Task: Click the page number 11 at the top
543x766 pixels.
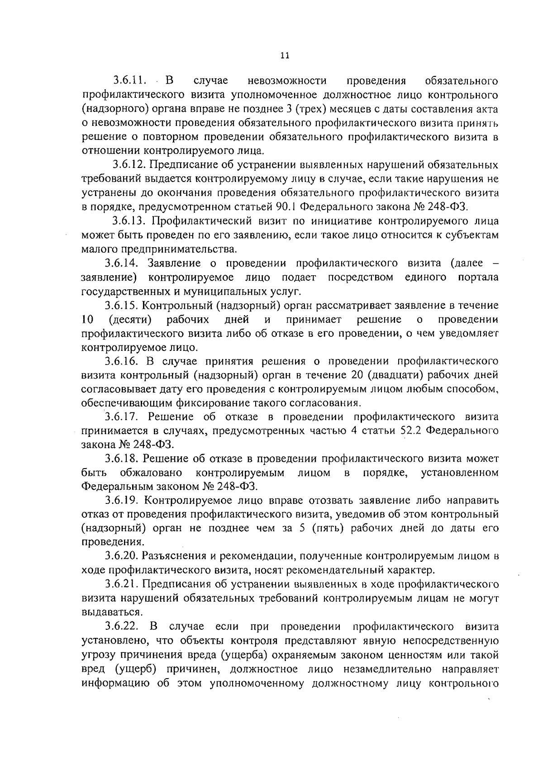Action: click(285, 56)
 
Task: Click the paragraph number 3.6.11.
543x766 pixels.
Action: click(130, 81)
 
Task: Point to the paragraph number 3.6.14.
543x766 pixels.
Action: click(124, 263)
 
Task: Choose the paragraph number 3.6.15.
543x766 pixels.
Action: click(124, 306)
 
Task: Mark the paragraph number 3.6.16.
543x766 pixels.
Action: click(124, 361)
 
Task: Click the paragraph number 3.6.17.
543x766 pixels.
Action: click(124, 417)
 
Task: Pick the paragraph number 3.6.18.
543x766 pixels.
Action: click(124, 459)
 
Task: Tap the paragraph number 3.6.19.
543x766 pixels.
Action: click(124, 501)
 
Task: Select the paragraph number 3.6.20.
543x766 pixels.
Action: click(124, 556)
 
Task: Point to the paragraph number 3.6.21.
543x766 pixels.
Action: click(124, 584)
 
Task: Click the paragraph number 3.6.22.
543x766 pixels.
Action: click(124, 627)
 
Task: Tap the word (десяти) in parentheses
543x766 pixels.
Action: click(130, 320)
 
